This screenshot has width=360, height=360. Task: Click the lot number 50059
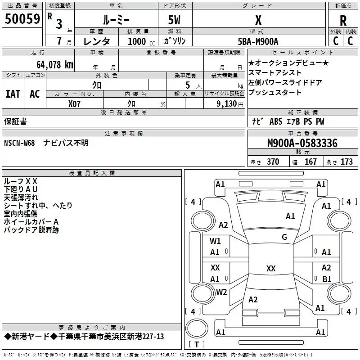[x=22, y=19]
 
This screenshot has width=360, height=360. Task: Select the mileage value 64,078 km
[x=55, y=65]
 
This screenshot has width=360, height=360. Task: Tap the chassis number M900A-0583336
[x=302, y=143]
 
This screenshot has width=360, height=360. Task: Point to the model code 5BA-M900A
[x=258, y=41]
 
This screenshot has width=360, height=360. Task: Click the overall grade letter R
[x=343, y=21]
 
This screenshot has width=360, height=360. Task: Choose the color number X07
[x=74, y=104]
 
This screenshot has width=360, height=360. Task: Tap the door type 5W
[x=174, y=20]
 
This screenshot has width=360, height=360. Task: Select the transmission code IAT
[x=13, y=94]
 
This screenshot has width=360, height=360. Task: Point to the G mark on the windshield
[x=284, y=237]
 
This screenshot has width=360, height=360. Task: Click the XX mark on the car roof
[x=271, y=268]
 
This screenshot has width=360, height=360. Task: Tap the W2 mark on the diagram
[x=221, y=292]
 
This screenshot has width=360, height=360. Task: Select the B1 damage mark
[x=327, y=279]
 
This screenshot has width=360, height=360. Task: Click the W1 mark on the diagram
[x=215, y=241]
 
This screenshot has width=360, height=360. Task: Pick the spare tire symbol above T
[x=197, y=328]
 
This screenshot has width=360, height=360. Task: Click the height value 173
[x=346, y=162]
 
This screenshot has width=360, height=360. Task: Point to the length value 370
[x=273, y=162]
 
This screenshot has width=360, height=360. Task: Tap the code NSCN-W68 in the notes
[x=19, y=143]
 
